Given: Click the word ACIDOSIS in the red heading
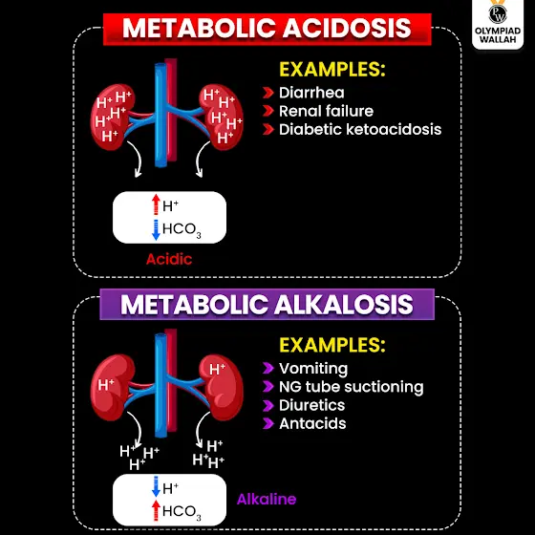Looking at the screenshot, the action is (x=347, y=28).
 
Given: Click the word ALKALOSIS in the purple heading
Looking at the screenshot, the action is (x=343, y=305).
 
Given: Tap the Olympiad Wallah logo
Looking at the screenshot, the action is (x=498, y=23).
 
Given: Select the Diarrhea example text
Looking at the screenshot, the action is (x=311, y=93).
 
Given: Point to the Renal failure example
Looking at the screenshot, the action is (x=326, y=111).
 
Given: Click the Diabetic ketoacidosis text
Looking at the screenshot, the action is (x=360, y=129).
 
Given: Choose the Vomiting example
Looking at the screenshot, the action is (x=313, y=369).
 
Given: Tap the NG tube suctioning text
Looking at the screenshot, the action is (x=352, y=387).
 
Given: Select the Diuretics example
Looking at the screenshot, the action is (x=311, y=405).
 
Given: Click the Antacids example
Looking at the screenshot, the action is (x=312, y=424).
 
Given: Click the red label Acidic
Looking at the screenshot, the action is (x=169, y=259).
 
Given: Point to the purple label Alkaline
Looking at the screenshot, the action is (x=267, y=499).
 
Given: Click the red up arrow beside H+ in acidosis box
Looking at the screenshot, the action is (x=156, y=204).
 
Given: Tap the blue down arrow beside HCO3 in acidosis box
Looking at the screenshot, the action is (x=156, y=230).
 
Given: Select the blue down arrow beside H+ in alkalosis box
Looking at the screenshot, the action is (x=156, y=486).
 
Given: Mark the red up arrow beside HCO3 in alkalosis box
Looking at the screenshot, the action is (x=156, y=510).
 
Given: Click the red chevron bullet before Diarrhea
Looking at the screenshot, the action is (x=268, y=93).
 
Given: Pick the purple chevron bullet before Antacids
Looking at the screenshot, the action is (x=268, y=424).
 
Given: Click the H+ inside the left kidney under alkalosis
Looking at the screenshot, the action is (x=106, y=384).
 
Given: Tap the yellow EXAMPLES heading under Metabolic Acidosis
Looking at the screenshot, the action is (x=332, y=69).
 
